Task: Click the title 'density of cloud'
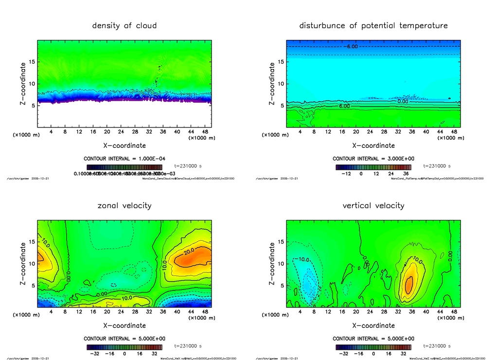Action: pyautogui.click(x=124, y=25)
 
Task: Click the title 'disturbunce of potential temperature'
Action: pyautogui.click(x=373, y=25)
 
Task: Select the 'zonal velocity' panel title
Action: pyautogui.click(x=124, y=205)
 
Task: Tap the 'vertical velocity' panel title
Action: pyautogui.click(x=373, y=205)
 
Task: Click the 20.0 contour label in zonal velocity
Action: pyautogui.click(x=190, y=253)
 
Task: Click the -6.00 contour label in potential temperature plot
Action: pyautogui.click(x=352, y=47)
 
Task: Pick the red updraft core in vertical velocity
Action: pyautogui.click(x=409, y=284)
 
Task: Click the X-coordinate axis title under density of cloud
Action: pyautogui.click(x=124, y=145)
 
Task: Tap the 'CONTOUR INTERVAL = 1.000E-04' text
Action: pyautogui.click(x=124, y=159)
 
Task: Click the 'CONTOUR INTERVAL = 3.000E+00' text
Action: pyautogui.click(x=373, y=159)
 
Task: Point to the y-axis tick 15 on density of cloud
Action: pyautogui.click(x=32, y=62)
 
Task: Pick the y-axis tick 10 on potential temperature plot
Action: pyautogui.click(x=281, y=84)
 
